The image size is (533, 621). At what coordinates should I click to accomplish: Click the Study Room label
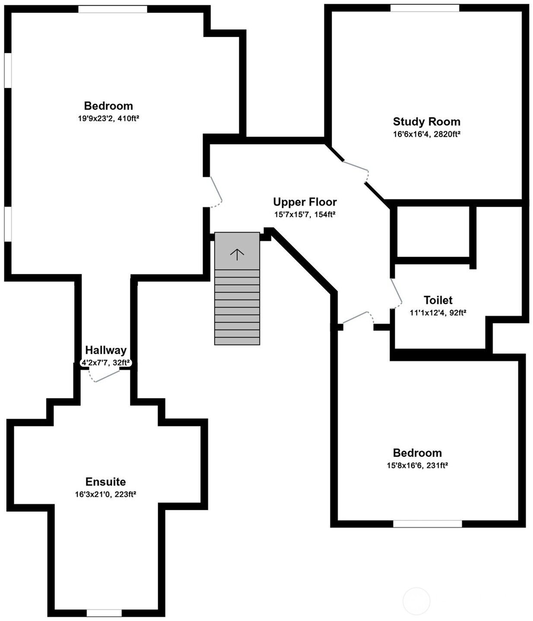[x=426, y=122]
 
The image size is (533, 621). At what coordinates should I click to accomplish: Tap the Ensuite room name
[x=105, y=482]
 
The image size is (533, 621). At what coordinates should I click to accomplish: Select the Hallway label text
[x=105, y=350]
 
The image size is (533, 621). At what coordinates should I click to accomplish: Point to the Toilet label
[x=438, y=300]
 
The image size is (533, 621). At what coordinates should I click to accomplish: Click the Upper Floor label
[x=305, y=202]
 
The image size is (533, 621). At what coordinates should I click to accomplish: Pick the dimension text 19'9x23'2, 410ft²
[x=108, y=118]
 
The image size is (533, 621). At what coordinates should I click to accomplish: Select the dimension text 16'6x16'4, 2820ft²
[x=426, y=134]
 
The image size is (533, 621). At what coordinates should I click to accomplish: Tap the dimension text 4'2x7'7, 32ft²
[x=106, y=363]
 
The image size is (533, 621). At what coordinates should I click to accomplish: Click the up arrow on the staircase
[x=237, y=255]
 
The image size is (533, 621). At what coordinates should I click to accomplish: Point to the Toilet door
[x=396, y=293]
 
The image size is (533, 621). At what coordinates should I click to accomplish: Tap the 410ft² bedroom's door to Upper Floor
[x=216, y=192]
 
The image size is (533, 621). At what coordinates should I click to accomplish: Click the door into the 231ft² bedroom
[x=359, y=318]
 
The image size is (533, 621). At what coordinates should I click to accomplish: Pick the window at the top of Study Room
[x=425, y=8]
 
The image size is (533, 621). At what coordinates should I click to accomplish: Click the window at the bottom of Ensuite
[x=104, y=613]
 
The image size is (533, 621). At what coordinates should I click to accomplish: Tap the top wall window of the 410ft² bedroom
[x=113, y=9]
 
